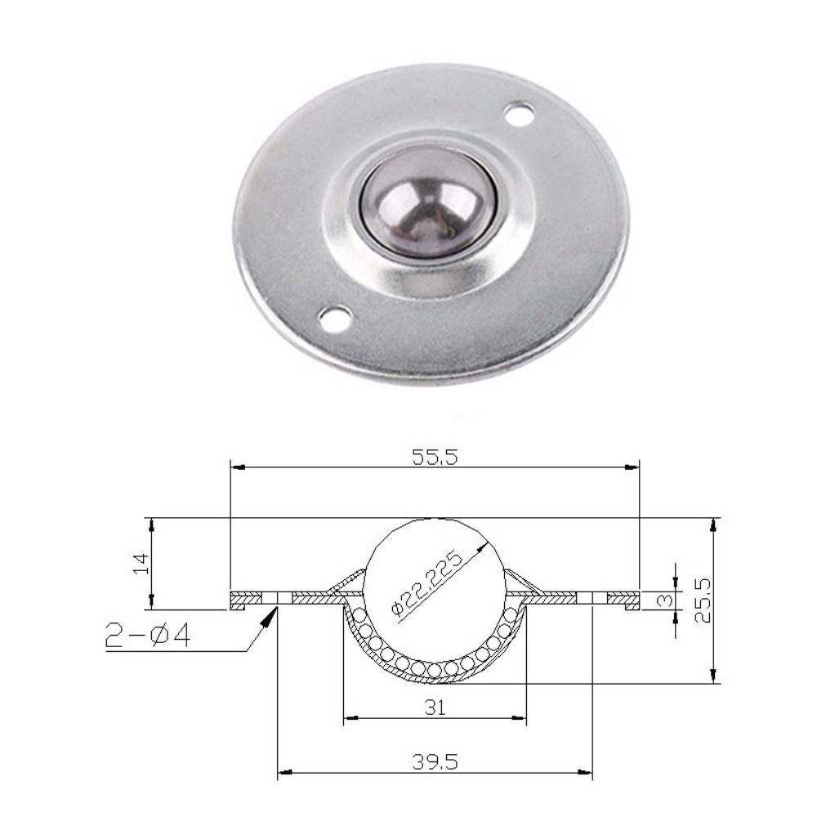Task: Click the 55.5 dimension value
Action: tap(435, 458)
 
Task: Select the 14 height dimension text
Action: tap(141, 564)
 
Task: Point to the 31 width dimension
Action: tap(435, 707)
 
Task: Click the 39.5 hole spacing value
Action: tap(435, 762)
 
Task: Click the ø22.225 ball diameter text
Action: tap(427, 583)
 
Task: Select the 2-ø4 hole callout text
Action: tap(149, 635)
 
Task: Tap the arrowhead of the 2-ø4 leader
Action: tap(269, 616)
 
